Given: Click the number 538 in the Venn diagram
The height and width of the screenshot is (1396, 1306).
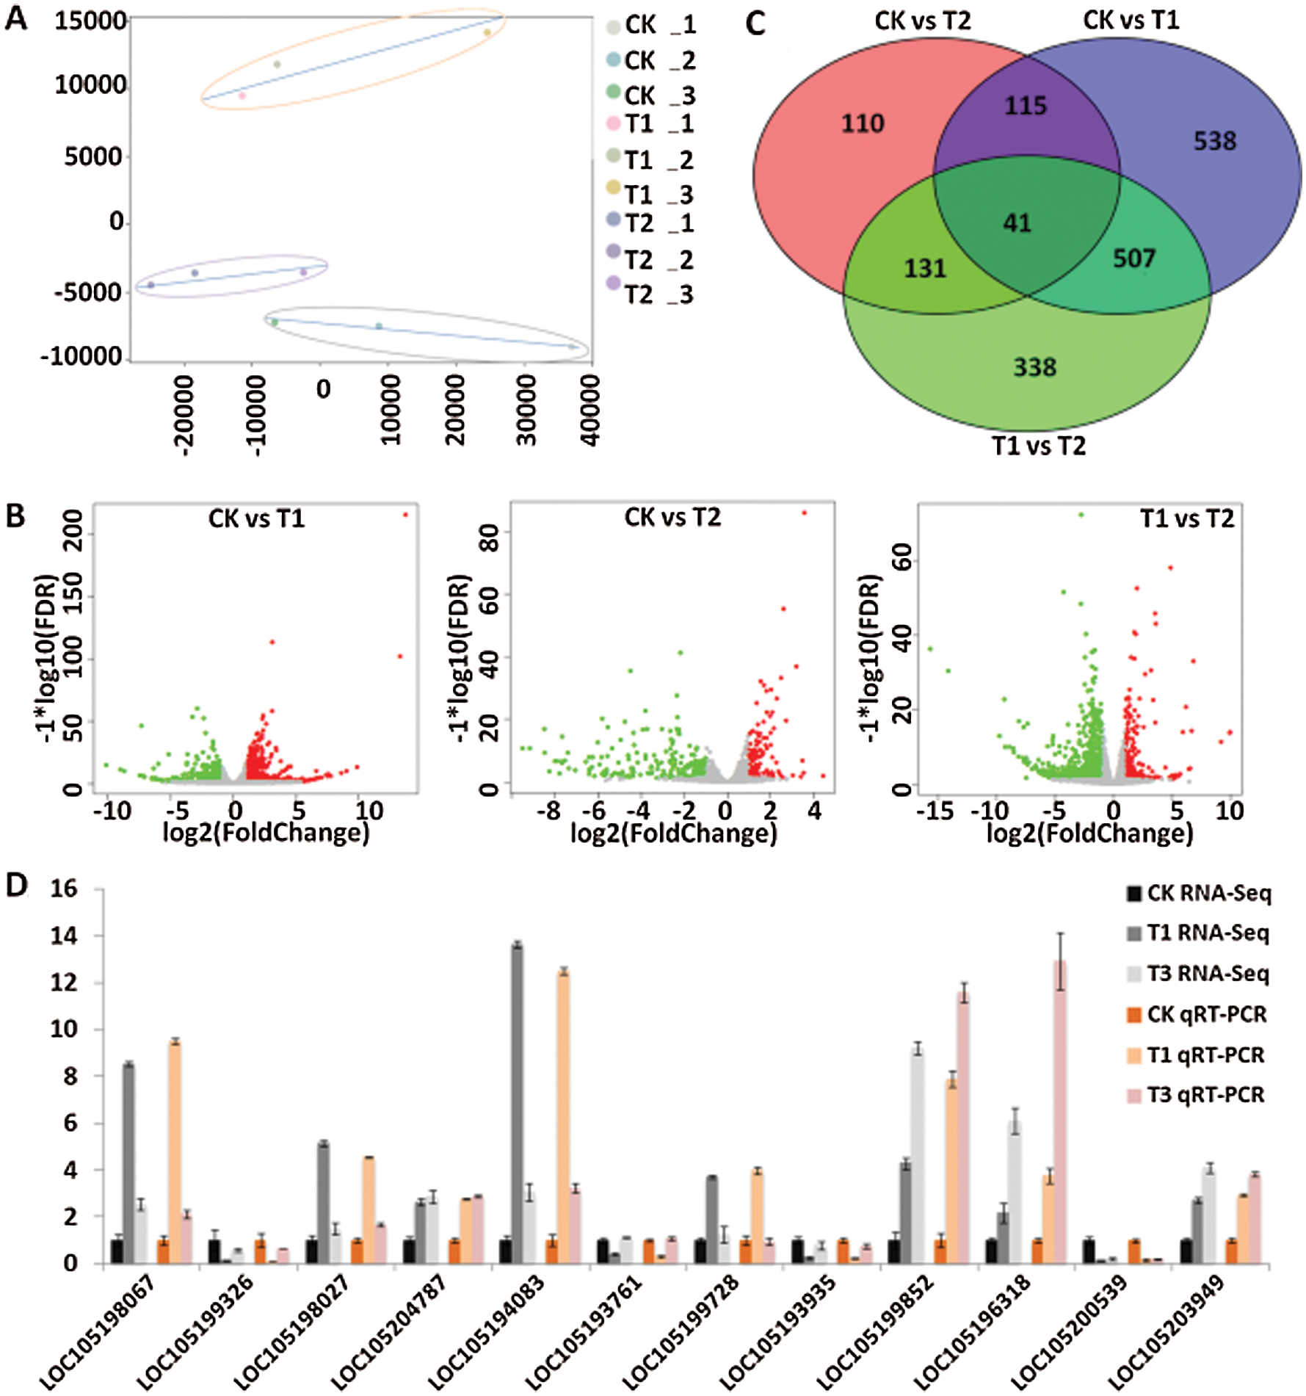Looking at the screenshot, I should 1214,141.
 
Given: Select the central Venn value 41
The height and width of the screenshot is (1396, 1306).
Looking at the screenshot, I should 1017,223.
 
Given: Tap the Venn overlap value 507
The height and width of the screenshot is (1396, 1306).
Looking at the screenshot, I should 1134,258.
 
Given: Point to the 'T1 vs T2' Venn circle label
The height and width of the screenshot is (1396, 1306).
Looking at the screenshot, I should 1039,446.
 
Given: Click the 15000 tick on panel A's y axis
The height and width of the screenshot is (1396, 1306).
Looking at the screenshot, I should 90,21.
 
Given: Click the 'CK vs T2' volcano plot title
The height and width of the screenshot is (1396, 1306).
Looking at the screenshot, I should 672,518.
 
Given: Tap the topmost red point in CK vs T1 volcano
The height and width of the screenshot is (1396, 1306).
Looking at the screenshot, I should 405,515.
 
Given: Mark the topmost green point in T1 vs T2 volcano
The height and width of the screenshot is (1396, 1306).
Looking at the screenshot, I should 1081,515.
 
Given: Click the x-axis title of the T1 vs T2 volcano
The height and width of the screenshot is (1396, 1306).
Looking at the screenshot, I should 1089,833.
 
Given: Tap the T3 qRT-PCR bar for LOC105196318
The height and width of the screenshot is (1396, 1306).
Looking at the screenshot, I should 1059,1109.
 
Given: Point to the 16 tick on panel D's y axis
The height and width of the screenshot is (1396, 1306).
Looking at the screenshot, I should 64,889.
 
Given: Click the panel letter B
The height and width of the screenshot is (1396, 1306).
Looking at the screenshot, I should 15,516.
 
